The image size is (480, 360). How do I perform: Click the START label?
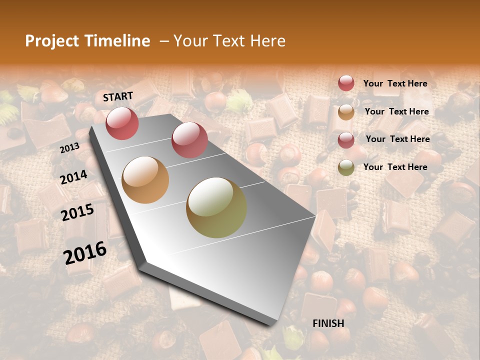118,96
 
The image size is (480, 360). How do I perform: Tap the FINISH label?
328,323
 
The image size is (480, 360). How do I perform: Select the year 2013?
69,148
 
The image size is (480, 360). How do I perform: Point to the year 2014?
73,177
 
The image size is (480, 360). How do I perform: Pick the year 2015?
77,212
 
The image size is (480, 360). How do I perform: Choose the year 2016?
85,252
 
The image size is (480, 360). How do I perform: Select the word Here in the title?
267,41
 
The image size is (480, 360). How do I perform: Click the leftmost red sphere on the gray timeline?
122,123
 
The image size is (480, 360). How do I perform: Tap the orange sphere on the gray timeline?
145,179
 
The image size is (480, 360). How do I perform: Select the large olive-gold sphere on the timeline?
216,207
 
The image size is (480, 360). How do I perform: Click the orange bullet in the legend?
346,112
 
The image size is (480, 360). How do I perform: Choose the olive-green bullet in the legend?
346,167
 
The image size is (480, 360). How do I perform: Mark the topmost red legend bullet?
346,83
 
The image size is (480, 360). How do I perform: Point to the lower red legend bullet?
346,139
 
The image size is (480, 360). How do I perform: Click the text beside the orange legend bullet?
396,111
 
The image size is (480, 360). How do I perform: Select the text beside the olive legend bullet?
395,167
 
